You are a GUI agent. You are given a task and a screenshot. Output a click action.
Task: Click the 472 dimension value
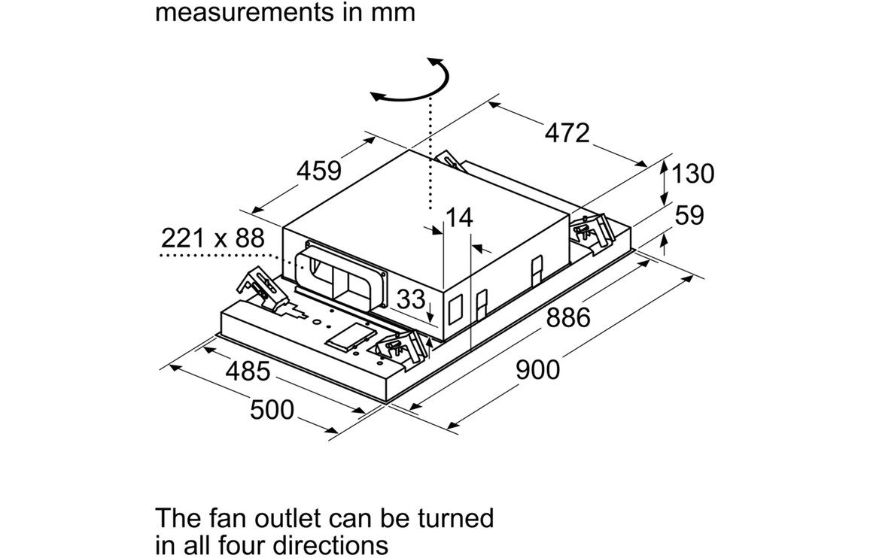(x=567, y=133)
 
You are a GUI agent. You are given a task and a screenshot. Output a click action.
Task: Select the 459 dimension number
(x=318, y=171)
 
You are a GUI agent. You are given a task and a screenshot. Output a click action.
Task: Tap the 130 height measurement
(x=692, y=174)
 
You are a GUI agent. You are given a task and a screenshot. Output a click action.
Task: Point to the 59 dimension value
(x=689, y=216)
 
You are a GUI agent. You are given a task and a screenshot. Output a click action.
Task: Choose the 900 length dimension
(x=537, y=369)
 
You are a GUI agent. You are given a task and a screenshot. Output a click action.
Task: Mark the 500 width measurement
(x=272, y=410)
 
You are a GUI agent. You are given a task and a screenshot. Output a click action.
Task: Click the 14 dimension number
(x=458, y=218)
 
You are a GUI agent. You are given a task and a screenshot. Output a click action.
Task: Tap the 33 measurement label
(x=411, y=299)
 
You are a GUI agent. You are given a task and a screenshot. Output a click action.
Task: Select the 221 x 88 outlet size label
(x=213, y=239)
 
